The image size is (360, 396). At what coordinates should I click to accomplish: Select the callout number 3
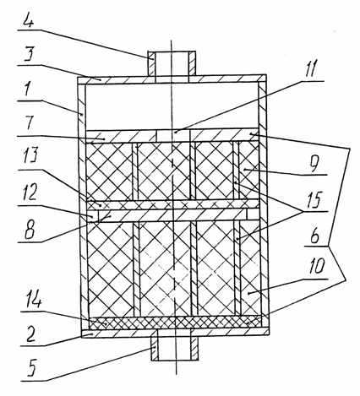pyautogui.click(x=28, y=54)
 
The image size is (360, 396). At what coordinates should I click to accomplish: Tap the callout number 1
pyautogui.click(x=27, y=88)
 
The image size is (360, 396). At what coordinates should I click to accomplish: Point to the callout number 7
pyautogui.click(x=30, y=122)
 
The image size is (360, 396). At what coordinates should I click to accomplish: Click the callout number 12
pyautogui.click(x=28, y=193)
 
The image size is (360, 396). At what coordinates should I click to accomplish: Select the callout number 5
pyautogui.click(x=30, y=367)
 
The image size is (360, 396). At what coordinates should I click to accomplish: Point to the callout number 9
pyautogui.click(x=314, y=163)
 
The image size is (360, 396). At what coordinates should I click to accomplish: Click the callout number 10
pyautogui.click(x=317, y=266)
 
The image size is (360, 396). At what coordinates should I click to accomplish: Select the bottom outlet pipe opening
pyautogui.click(x=174, y=344)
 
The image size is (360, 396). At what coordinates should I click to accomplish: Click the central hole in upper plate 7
pyautogui.click(x=173, y=136)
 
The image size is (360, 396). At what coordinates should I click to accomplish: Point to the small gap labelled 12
pyautogui.click(x=93, y=216)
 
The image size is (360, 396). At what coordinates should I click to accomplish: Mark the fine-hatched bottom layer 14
pyautogui.click(x=175, y=322)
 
